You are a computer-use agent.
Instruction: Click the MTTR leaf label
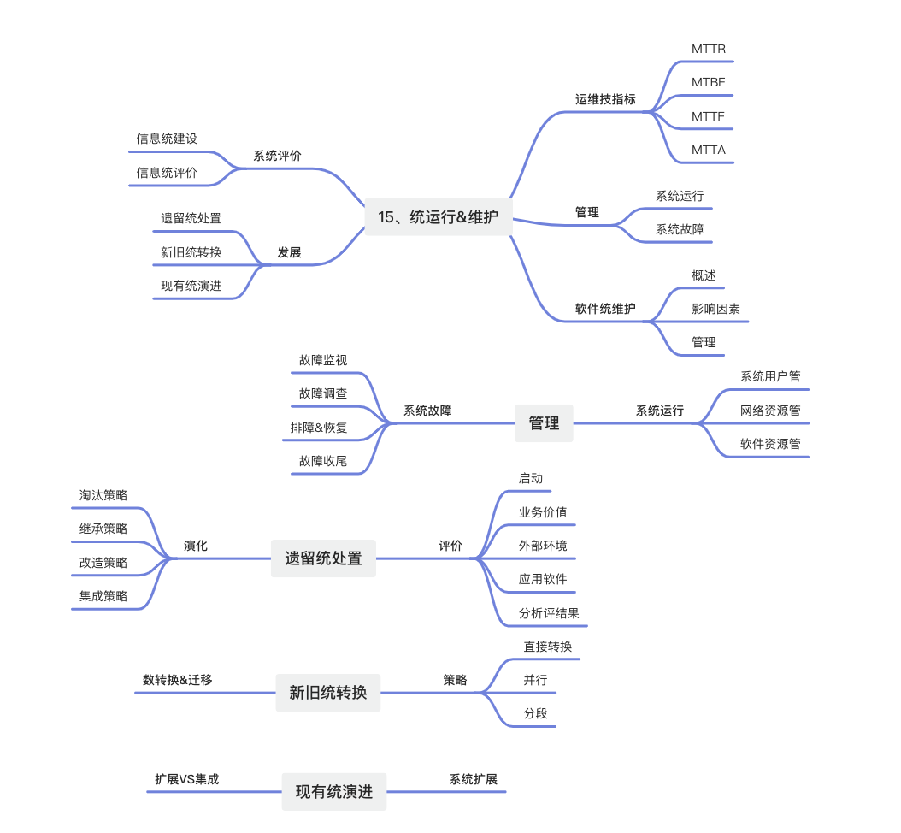pyautogui.click(x=708, y=49)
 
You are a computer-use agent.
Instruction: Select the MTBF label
pyautogui.click(x=708, y=82)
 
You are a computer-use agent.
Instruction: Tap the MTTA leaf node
pyautogui.click(x=708, y=150)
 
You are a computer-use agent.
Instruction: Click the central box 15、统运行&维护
pyautogui.click(x=438, y=217)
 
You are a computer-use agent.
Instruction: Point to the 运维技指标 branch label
pyautogui.click(x=605, y=99)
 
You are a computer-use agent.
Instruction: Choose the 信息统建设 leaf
pyautogui.click(x=167, y=139)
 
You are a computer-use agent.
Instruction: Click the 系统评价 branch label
pyautogui.click(x=277, y=156)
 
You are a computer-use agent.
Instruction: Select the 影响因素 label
pyautogui.click(x=715, y=309)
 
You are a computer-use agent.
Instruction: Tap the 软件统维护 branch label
pyautogui.click(x=605, y=309)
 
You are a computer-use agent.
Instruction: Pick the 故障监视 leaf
pyautogui.click(x=323, y=360)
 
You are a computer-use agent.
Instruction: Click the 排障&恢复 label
pyautogui.click(x=319, y=428)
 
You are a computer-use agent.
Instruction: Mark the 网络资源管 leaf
pyautogui.click(x=770, y=411)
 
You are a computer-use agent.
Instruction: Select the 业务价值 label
pyautogui.click(x=543, y=512)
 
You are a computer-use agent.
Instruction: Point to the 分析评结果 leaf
pyautogui.click(x=549, y=613)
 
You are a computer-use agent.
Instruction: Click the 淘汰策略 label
pyautogui.click(x=103, y=495)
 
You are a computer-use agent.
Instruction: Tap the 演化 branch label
pyautogui.click(x=196, y=546)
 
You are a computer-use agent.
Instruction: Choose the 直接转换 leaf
pyautogui.click(x=548, y=647)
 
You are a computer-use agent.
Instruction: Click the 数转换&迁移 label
pyautogui.click(x=177, y=680)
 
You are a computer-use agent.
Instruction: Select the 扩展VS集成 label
pyautogui.click(x=186, y=779)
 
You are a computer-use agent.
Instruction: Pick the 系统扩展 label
pyautogui.click(x=473, y=779)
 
